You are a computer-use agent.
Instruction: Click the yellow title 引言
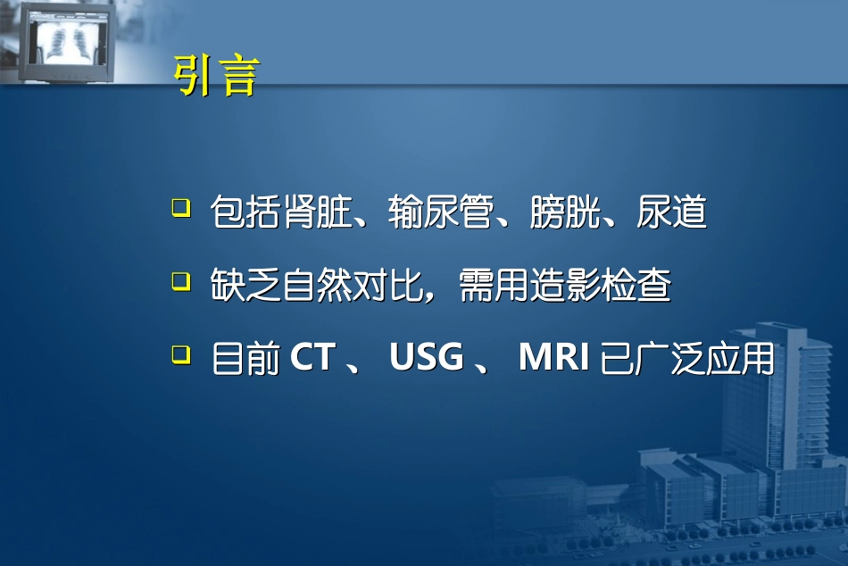point(215,77)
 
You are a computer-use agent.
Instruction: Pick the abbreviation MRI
point(553,358)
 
